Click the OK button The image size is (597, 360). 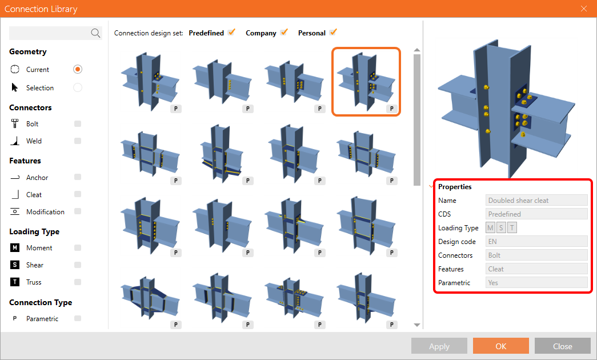(500, 346)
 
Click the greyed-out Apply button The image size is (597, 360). (439, 346)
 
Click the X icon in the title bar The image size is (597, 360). (584, 9)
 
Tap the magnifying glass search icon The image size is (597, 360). (95, 33)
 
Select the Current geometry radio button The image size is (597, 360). (78, 69)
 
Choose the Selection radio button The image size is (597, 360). (78, 87)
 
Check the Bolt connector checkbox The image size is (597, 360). (78, 124)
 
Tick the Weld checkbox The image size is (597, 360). (78, 141)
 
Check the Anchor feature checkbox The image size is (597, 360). (78, 177)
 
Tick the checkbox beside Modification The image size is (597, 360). (78, 211)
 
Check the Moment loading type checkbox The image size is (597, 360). (78, 248)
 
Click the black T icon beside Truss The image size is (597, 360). (14, 282)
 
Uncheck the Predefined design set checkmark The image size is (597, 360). (231, 33)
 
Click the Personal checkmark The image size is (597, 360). (333, 33)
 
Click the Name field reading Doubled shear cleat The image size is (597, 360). (536, 201)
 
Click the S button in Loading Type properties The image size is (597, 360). (501, 228)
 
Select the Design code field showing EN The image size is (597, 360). (536, 242)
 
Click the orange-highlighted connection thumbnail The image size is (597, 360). (366, 82)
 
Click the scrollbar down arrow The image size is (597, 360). (417, 325)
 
